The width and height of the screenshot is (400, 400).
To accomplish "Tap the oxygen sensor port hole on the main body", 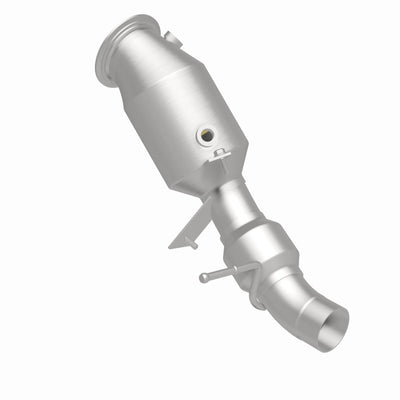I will [x=205, y=132].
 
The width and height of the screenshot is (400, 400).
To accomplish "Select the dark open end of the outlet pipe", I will [x=329, y=328].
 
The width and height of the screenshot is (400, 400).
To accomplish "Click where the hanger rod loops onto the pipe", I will [x=246, y=268].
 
